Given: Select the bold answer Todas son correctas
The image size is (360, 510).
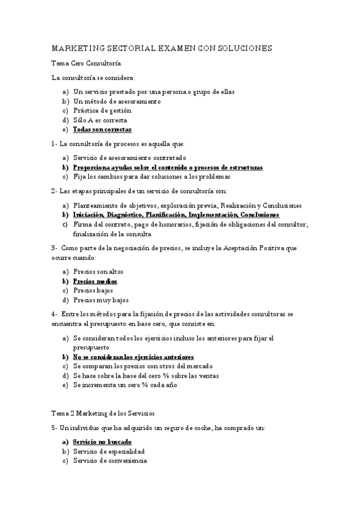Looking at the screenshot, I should [x=102, y=129].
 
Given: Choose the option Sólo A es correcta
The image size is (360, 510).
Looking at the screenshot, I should [x=100, y=120].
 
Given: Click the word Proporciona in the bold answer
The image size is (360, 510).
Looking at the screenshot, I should [x=94, y=167].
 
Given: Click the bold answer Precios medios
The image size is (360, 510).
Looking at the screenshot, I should [x=95, y=281].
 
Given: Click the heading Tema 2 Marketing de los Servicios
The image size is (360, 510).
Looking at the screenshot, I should [x=103, y=413].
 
